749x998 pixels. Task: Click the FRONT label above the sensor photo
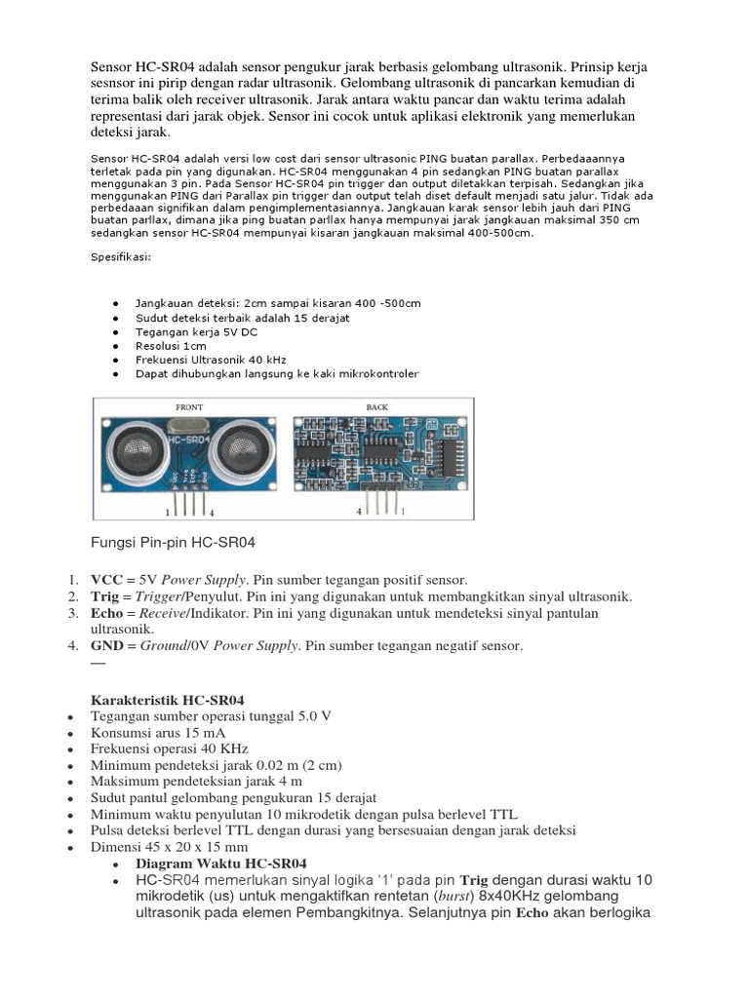[x=189, y=406]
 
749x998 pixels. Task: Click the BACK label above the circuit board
[x=377, y=406]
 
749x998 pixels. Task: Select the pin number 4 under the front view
[x=212, y=511]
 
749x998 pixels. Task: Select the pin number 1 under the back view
[x=402, y=511]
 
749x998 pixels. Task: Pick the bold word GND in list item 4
[x=106, y=646]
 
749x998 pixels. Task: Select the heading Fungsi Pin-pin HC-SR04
[x=173, y=542]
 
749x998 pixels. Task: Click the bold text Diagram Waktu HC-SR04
[x=220, y=864]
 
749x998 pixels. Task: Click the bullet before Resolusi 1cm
[x=116, y=346]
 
